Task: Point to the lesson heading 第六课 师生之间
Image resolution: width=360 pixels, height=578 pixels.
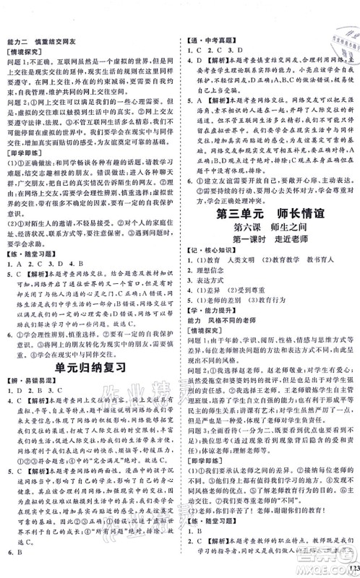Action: click(x=270, y=269)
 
